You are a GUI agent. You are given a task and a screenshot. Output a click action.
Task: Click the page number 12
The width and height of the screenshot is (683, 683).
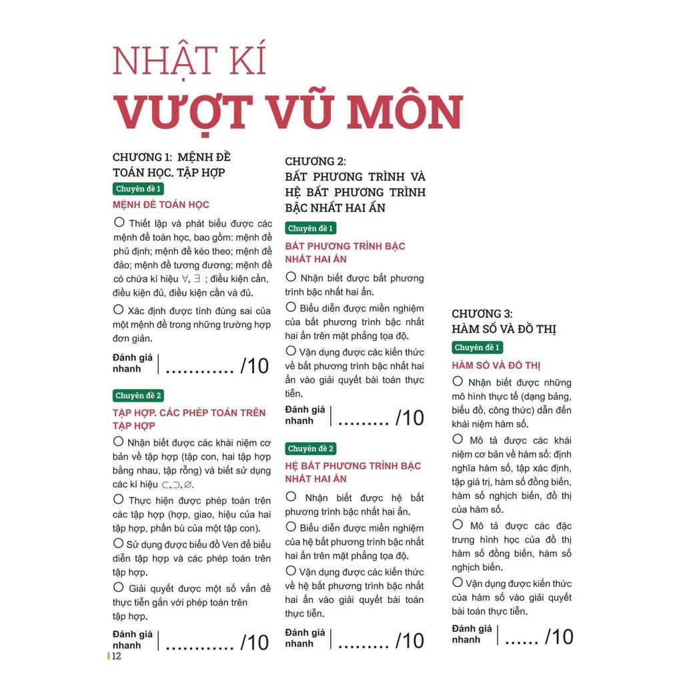(x=116, y=656)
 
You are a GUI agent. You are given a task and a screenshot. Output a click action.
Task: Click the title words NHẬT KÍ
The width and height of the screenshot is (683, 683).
(x=189, y=61)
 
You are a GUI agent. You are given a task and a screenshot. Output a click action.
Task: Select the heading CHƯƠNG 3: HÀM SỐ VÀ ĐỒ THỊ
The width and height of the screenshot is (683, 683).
(x=504, y=321)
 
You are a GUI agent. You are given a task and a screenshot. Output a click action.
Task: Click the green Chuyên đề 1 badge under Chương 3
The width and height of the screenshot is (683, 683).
(x=476, y=348)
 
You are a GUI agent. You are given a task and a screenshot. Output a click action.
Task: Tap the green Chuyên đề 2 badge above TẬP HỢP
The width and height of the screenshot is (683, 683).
(x=138, y=396)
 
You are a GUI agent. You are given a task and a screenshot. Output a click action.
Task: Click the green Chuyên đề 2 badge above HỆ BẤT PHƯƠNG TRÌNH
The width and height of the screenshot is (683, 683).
(x=310, y=448)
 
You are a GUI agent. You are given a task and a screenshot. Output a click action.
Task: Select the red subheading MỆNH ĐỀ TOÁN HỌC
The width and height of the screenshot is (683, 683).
(x=161, y=205)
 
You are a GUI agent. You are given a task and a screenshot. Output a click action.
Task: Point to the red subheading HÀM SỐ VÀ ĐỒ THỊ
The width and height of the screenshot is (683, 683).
(x=496, y=366)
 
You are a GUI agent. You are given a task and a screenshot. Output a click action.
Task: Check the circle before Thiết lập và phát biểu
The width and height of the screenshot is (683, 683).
(x=119, y=223)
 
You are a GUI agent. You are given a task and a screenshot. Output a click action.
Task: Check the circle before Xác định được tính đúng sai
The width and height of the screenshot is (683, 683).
(x=119, y=309)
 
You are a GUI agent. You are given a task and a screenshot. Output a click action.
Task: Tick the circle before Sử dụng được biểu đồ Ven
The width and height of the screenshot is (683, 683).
(x=119, y=543)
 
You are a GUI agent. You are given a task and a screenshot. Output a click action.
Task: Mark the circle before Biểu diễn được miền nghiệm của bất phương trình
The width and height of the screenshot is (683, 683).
(x=291, y=307)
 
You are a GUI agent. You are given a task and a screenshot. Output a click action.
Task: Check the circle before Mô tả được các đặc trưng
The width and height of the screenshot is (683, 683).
(x=458, y=525)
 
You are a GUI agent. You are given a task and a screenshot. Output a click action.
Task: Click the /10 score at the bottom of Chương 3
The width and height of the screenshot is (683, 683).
(x=559, y=637)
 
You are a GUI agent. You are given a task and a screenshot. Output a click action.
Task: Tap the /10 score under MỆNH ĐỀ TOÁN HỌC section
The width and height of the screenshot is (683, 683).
(x=255, y=366)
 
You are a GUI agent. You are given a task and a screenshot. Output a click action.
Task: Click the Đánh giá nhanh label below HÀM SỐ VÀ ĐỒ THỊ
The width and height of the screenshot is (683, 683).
(x=472, y=634)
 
